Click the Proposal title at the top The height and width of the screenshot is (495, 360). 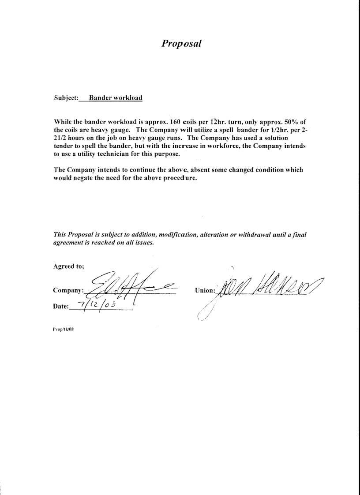click(181, 43)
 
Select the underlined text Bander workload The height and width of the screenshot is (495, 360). click(116, 98)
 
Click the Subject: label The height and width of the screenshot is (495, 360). click(66, 98)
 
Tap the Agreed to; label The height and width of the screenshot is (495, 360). click(69, 266)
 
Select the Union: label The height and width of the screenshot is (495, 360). click(205, 291)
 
